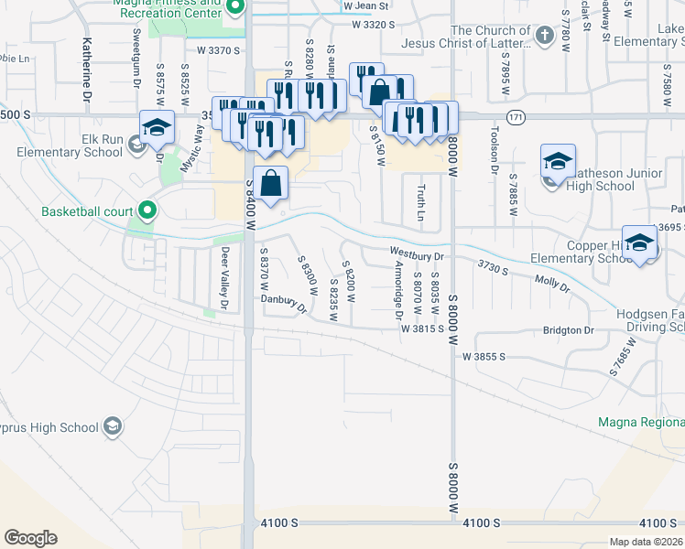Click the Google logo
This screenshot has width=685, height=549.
30,538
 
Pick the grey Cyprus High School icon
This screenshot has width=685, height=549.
112,426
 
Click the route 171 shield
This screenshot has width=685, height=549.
518,117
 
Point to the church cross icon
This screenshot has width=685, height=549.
544,37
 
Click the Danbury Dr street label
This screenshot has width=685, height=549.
284,302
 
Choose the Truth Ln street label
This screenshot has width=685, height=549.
421,202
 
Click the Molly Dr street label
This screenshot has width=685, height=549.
551,282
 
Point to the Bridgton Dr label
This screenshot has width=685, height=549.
568,329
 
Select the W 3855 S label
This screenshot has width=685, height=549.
484,356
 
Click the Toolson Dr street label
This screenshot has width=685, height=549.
495,149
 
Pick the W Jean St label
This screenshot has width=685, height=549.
368,5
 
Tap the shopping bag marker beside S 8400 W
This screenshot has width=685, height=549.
271,184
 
